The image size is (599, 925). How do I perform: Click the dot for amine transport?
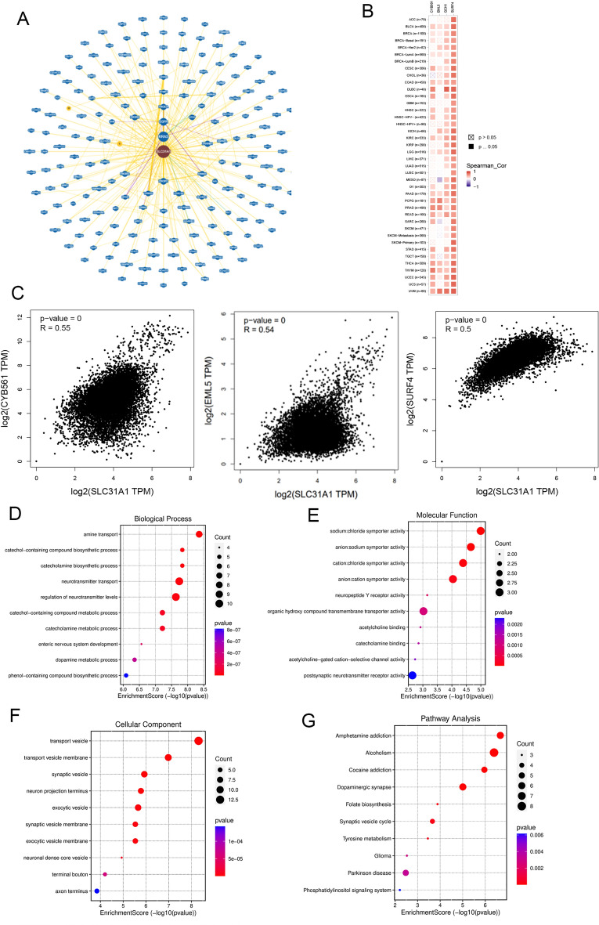pyautogui.click(x=199, y=534)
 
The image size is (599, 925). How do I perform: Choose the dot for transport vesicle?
pyautogui.click(x=199, y=719)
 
